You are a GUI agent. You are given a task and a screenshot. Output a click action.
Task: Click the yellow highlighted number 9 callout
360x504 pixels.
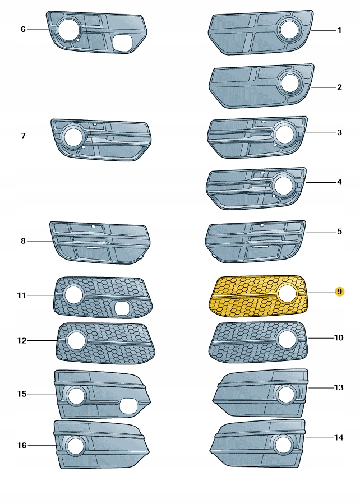point(339,292)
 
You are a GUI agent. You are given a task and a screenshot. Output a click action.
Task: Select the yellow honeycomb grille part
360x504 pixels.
point(259,296)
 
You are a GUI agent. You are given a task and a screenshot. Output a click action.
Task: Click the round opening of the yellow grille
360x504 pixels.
point(287,294)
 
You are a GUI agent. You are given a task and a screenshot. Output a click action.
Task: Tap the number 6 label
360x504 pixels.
point(23,29)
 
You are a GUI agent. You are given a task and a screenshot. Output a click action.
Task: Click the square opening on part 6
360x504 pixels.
point(122,43)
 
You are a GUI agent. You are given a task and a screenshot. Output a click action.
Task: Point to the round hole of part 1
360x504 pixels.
point(290,30)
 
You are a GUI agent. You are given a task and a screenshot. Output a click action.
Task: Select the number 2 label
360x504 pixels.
point(339,87)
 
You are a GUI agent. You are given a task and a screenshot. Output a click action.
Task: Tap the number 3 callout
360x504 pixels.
point(339,132)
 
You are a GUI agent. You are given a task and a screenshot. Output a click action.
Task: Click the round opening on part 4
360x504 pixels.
point(284,186)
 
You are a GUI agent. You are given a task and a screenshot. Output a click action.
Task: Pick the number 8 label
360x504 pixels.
point(23,241)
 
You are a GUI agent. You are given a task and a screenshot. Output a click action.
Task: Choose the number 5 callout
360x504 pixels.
point(339,232)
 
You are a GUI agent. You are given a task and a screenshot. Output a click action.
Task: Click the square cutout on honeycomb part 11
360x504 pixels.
point(122,308)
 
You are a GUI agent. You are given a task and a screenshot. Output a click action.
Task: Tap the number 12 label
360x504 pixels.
point(22,340)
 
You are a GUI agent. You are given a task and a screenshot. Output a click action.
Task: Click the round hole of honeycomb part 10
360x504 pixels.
point(287,339)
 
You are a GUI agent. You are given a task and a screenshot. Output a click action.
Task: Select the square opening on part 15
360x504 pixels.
point(128,406)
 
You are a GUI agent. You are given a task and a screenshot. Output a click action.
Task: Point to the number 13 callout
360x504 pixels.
point(339,387)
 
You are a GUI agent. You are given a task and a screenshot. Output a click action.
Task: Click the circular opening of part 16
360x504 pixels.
point(76,446)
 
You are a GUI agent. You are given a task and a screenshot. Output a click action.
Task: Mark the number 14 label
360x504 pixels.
point(339,437)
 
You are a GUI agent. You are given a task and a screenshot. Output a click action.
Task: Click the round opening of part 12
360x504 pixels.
point(76,341)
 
